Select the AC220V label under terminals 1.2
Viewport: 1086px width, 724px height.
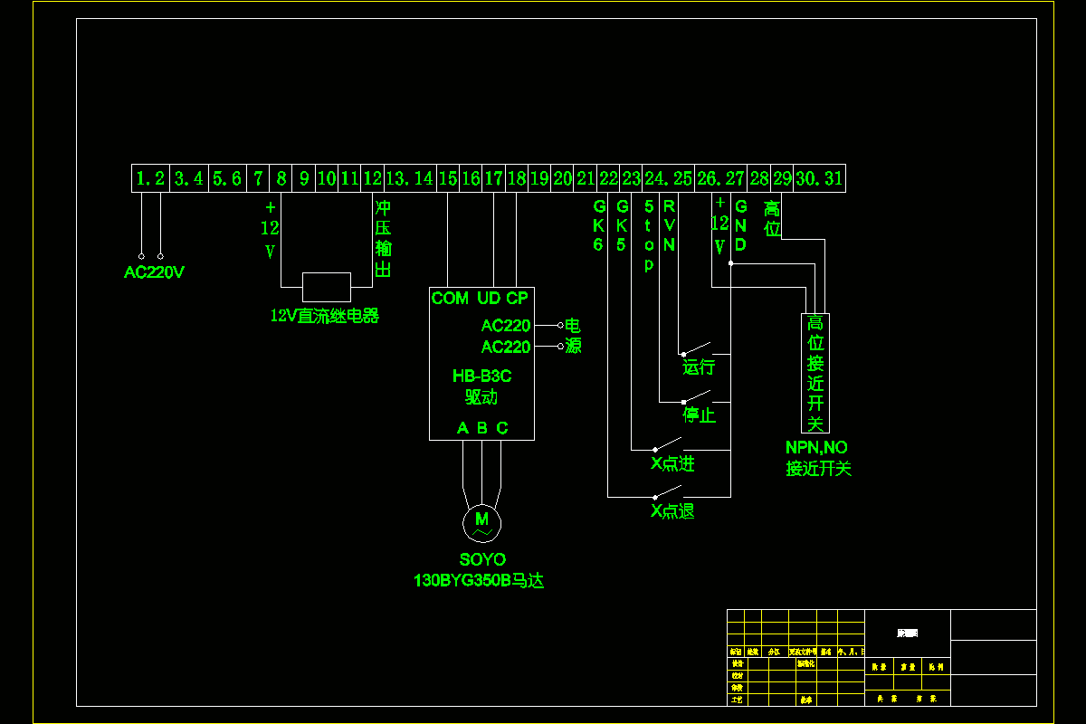click(x=154, y=272)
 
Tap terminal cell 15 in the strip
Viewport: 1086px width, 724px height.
click(x=448, y=179)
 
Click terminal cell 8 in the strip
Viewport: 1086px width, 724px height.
click(x=281, y=179)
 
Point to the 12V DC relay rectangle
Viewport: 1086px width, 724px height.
click(x=327, y=287)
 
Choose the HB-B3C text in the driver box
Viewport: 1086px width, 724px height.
click(x=481, y=376)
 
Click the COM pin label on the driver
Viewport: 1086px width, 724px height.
click(x=450, y=299)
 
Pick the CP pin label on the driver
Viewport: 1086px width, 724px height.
click(x=517, y=299)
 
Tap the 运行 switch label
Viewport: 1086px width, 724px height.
click(x=699, y=367)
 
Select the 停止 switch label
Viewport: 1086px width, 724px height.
click(x=699, y=415)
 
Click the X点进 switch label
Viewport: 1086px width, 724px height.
click(x=672, y=464)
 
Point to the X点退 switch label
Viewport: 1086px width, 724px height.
click(x=672, y=511)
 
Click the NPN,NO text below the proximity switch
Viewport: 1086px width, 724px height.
click(x=816, y=448)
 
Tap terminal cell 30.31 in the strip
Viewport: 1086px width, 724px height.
click(x=819, y=179)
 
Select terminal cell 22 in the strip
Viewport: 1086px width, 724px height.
click(x=608, y=179)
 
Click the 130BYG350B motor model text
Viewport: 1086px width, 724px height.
click(x=479, y=580)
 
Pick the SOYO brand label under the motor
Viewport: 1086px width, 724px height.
click(x=481, y=560)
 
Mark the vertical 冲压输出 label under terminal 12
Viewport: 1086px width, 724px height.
click(x=383, y=238)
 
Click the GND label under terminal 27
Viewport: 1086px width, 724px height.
click(x=740, y=225)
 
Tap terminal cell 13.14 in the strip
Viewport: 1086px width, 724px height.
click(x=409, y=179)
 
